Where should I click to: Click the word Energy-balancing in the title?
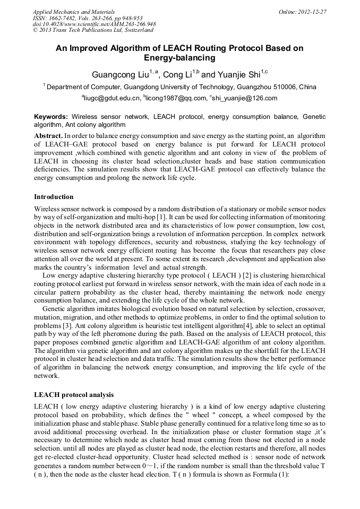click(x=179, y=58)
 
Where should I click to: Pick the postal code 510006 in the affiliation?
click(x=286, y=87)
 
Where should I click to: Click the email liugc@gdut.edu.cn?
click(x=112, y=98)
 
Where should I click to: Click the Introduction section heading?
click(x=54, y=196)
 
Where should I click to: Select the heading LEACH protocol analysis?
click(x=73, y=395)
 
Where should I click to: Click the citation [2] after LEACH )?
click(x=247, y=276)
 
